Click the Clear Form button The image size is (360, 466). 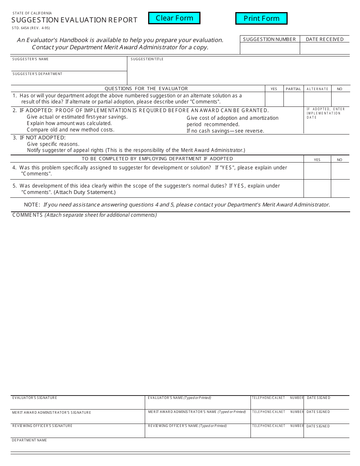tap(174, 18)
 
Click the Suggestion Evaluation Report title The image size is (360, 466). tap(74, 20)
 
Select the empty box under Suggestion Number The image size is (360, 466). tap(270, 48)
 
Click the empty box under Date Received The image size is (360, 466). tap(325, 48)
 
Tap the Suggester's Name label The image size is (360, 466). tap(30, 59)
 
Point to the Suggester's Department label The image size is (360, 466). tap(37, 74)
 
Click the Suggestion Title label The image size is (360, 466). tap(147, 59)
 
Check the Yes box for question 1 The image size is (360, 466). tap(274, 99)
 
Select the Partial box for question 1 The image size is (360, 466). tap(293, 99)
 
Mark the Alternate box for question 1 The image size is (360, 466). tap(318, 99)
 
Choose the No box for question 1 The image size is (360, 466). tap(340, 99)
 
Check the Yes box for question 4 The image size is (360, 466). tap(317, 171)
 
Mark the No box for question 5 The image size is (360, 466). tap(340, 189)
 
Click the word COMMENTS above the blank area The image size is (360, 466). tap(27, 215)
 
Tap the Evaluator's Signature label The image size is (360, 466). tap(34, 398)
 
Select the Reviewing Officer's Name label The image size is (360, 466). tap(187, 426)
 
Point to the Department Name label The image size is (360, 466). tap(29, 440)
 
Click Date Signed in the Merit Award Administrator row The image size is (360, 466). tap(318, 412)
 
